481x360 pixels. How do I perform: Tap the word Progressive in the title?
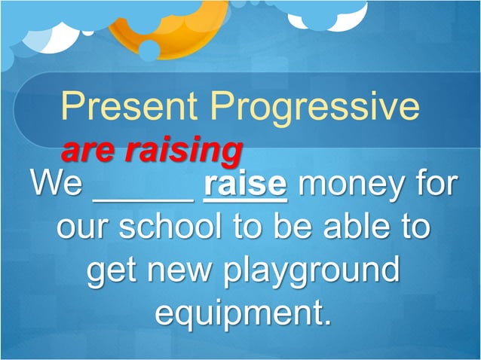click(314, 107)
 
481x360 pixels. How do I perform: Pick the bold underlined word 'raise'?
click(245, 185)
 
